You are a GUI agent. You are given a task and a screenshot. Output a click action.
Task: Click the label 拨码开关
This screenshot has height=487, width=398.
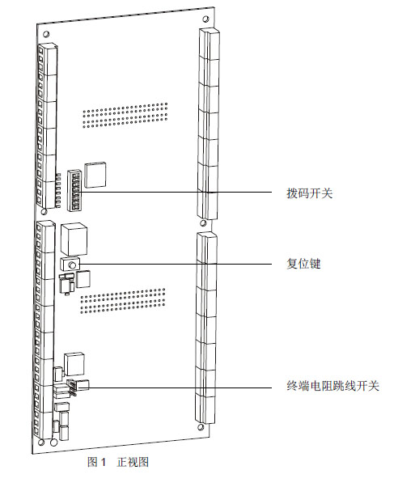310,193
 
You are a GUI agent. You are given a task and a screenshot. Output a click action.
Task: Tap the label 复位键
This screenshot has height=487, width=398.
303,264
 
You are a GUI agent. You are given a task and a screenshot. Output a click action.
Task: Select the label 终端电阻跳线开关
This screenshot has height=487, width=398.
332,386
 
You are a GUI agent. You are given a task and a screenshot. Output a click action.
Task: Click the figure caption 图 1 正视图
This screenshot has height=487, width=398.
118,462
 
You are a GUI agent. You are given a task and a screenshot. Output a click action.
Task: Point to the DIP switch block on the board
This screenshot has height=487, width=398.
74,190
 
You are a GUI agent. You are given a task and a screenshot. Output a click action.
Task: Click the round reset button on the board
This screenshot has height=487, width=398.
72,265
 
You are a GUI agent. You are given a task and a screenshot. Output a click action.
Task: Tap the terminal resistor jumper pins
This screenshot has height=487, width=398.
72,387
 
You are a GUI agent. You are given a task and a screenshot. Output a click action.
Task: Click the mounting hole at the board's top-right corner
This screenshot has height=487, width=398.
205,19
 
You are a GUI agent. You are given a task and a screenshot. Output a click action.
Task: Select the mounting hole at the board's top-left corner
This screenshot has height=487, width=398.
46,33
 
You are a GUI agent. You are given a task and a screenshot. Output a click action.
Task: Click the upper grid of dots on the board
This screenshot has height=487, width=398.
125,116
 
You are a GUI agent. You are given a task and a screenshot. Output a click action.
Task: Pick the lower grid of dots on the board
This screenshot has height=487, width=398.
123,301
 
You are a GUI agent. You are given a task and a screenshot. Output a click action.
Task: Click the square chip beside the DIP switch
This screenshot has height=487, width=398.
95,175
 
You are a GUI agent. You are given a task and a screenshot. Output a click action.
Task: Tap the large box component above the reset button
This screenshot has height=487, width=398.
74,239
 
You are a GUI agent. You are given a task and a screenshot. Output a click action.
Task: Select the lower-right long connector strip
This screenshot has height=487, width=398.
206,327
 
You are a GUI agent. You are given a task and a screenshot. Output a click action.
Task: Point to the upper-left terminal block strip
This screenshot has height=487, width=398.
47,125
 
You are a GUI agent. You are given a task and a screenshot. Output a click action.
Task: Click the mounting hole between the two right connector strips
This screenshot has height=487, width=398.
203,223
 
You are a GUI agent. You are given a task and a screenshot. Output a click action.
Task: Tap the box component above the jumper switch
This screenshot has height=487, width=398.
74,364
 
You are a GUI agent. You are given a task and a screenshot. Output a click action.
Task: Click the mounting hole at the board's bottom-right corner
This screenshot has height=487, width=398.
201,427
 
